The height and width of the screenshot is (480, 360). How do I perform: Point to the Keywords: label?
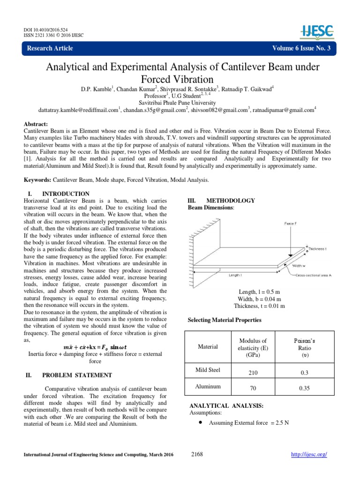pyautogui.click(x=37, y=180)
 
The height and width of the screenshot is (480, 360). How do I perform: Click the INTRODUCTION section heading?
pyautogui.click(x=66, y=194)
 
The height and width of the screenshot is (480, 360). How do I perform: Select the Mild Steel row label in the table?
pyautogui.click(x=208, y=370)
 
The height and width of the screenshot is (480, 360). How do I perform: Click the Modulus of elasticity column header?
pyautogui.click(x=253, y=348)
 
